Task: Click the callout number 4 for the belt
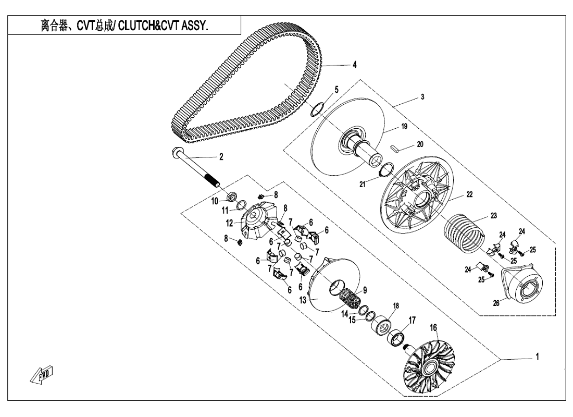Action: click(x=354, y=65)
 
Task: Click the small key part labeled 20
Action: click(x=396, y=148)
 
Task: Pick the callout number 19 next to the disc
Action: click(x=404, y=127)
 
